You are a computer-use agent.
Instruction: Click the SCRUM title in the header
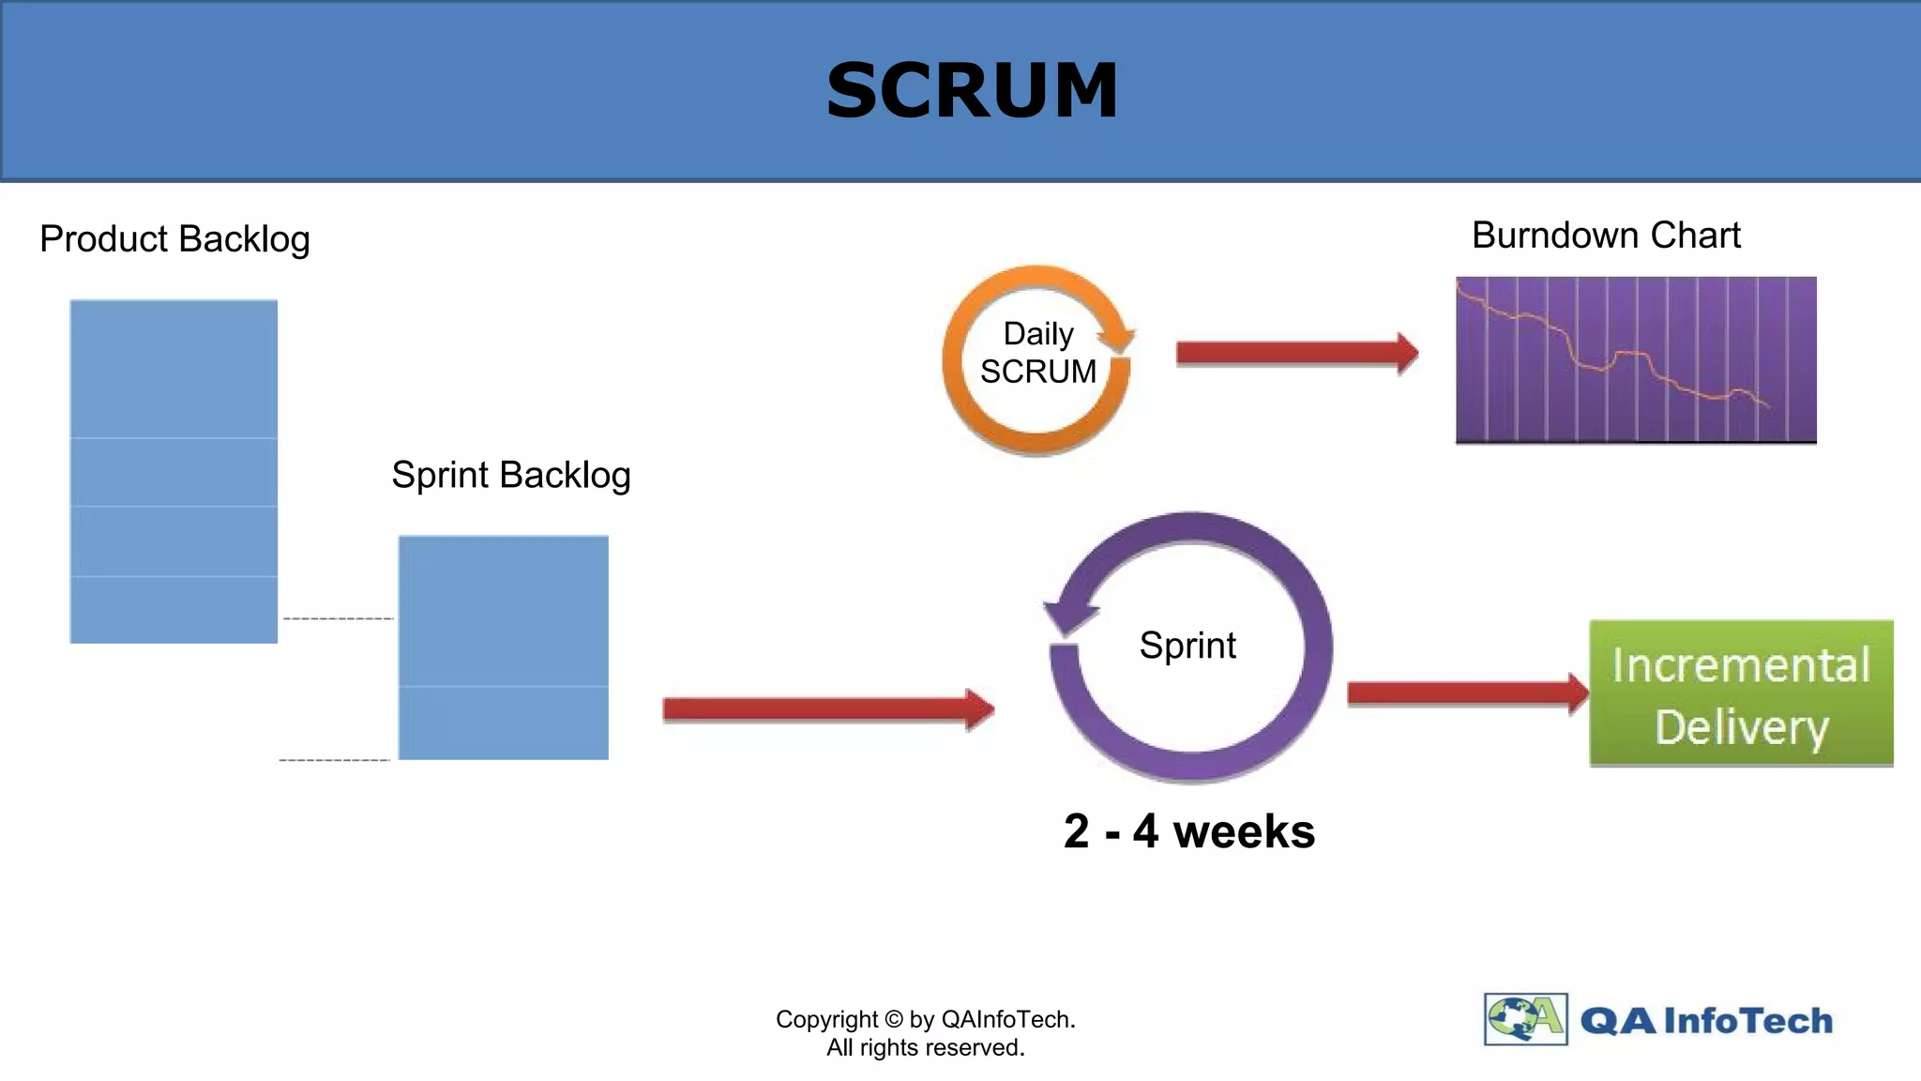click(972, 90)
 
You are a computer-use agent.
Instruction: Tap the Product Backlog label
click(174, 239)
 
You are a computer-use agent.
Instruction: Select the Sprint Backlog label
click(510, 475)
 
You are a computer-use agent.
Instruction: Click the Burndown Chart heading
click(1605, 235)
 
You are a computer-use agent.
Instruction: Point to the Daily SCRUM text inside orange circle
click(1037, 353)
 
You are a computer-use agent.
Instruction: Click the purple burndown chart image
click(1635, 359)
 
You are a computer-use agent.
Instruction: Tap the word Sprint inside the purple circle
click(1187, 646)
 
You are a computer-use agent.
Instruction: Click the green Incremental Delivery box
click(1741, 693)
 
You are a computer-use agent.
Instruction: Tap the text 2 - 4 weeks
click(1188, 831)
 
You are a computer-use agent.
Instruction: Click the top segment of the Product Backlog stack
click(174, 369)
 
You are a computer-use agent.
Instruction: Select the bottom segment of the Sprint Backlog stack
click(503, 723)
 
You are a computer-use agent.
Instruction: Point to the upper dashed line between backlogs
click(338, 618)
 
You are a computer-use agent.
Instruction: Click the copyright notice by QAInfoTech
click(925, 1033)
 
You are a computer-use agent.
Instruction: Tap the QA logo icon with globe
click(1525, 1019)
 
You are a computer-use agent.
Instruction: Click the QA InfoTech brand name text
click(1705, 1020)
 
